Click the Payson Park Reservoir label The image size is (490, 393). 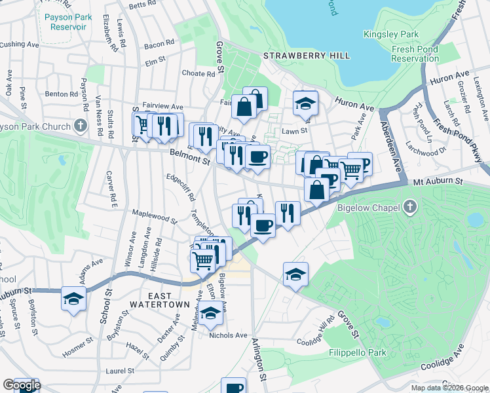pyautogui.click(x=64, y=22)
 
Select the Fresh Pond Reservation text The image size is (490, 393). pyautogui.click(x=415, y=54)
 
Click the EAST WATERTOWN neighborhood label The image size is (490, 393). pyautogui.click(x=159, y=299)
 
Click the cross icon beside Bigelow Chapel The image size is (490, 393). pyautogui.click(x=409, y=208)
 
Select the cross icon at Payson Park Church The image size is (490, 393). pyautogui.click(x=80, y=125)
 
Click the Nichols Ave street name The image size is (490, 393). pyautogui.click(x=228, y=335)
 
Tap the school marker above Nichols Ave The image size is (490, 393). pyautogui.click(x=210, y=314)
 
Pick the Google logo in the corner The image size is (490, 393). pyautogui.click(x=22, y=385)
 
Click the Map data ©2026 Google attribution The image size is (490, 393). pyautogui.click(x=449, y=388)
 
